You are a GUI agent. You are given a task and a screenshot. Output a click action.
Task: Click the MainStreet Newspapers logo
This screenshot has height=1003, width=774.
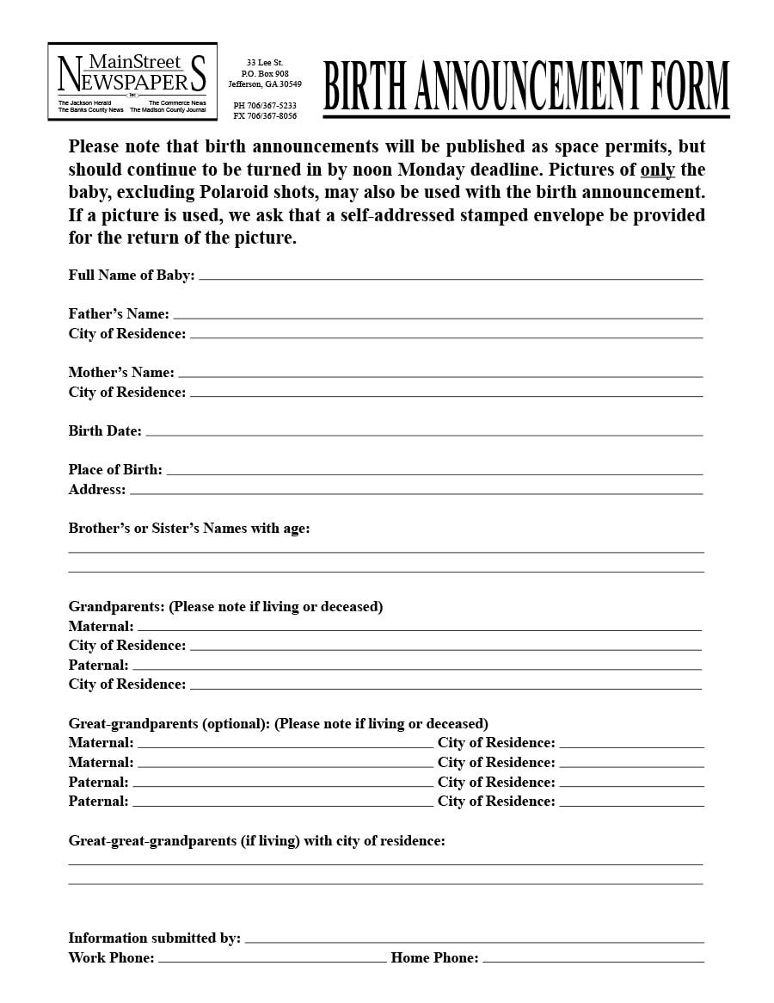[x=132, y=81]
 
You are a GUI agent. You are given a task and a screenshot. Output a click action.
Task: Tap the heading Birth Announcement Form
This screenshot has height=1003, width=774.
[x=526, y=86]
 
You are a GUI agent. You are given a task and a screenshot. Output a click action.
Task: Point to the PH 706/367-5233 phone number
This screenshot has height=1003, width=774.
[x=265, y=106]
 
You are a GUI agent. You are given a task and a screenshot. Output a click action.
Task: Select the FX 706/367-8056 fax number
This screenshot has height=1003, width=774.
[x=265, y=116]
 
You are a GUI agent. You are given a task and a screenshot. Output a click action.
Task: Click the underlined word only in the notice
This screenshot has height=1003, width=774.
[x=657, y=170]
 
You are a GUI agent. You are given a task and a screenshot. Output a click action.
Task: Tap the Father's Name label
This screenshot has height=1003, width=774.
[x=119, y=314]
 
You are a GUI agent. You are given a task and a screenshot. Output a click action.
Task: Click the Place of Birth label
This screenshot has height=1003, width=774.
[x=115, y=470]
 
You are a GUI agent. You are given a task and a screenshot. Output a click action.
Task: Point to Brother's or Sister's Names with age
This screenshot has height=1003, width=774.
[x=189, y=529]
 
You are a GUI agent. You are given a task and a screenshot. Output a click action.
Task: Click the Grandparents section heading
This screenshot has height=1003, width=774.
[x=225, y=607]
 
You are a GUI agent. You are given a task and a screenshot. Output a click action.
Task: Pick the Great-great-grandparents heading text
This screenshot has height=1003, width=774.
[x=256, y=841]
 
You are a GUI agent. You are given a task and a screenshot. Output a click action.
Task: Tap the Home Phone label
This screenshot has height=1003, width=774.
[x=434, y=958]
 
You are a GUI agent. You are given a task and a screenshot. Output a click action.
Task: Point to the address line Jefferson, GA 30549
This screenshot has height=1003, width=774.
[x=265, y=84]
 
